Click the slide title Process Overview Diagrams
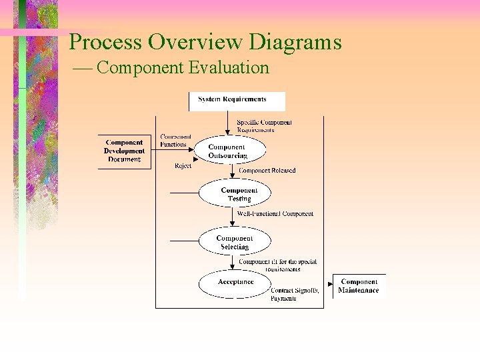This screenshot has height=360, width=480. [205, 43]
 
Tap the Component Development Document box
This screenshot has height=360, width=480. [124, 151]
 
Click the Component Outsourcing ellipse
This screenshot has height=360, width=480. [227, 151]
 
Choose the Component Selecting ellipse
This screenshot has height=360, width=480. [235, 242]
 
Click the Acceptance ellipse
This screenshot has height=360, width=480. [235, 283]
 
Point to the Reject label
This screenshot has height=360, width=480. [183, 166]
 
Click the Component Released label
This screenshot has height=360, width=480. [267, 171]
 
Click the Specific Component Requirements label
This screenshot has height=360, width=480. [264, 126]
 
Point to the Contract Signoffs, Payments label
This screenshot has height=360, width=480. [295, 295]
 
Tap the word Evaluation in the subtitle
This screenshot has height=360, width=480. [229, 67]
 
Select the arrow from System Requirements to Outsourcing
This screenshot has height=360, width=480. [232, 123]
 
